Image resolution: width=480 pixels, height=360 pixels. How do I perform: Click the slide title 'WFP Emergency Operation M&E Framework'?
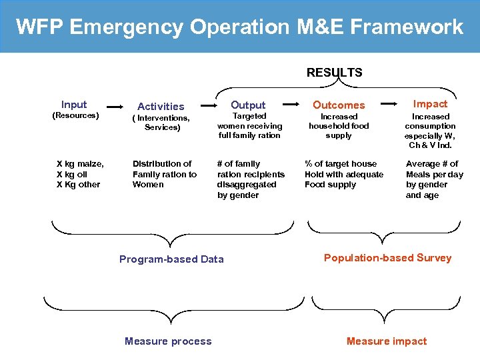pos(239,27)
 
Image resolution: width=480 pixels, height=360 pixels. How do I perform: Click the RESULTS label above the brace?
pos(334,73)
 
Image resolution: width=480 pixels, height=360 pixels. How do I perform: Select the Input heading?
pos(73,105)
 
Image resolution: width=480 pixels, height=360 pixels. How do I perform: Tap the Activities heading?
pos(161,107)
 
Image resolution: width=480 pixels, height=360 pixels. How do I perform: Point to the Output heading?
pos(248,105)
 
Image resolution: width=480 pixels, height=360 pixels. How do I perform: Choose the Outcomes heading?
pos(339,105)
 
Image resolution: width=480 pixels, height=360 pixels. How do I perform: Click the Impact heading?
pos(430,104)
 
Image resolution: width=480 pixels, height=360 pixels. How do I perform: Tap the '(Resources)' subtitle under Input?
pos(75,116)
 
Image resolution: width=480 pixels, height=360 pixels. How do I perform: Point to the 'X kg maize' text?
pos(80,164)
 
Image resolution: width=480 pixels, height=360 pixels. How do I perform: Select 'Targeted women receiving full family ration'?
pos(250,126)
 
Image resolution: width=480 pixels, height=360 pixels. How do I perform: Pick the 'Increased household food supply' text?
pos(339,126)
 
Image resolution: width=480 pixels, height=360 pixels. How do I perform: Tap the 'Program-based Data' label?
pos(171,259)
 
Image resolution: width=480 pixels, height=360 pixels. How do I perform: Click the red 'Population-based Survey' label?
pos(387,258)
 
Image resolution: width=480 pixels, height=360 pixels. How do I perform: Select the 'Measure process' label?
pos(168,341)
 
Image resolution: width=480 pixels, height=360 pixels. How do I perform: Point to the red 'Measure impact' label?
pos(387,341)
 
